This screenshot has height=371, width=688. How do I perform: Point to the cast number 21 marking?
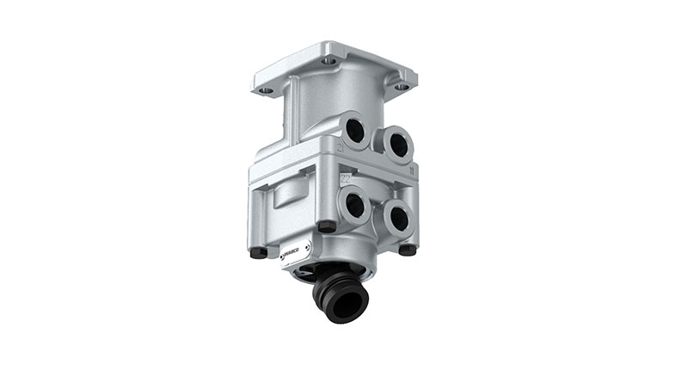pyautogui.click(x=341, y=148)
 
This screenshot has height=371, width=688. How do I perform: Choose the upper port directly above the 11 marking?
pyautogui.click(x=397, y=145)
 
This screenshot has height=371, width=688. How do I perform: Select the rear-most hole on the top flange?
pyautogui.click(x=329, y=61)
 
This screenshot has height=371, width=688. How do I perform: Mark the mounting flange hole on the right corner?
pyautogui.click(x=401, y=87)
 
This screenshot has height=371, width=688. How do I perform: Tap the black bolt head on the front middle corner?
pyautogui.click(x=326, y=226)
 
